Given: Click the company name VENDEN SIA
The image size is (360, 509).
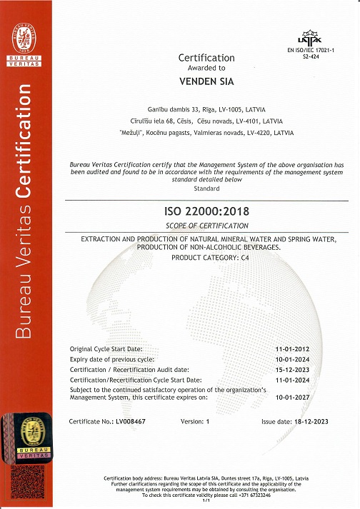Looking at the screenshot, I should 206,81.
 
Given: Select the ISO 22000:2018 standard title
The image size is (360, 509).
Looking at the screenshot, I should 206,212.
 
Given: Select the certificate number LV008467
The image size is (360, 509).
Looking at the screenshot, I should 140,422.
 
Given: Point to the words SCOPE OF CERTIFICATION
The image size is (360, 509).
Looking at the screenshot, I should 206,226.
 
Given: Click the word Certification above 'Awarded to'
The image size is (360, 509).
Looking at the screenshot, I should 206,58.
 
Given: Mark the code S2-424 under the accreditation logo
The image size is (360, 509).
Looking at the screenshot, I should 311,56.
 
